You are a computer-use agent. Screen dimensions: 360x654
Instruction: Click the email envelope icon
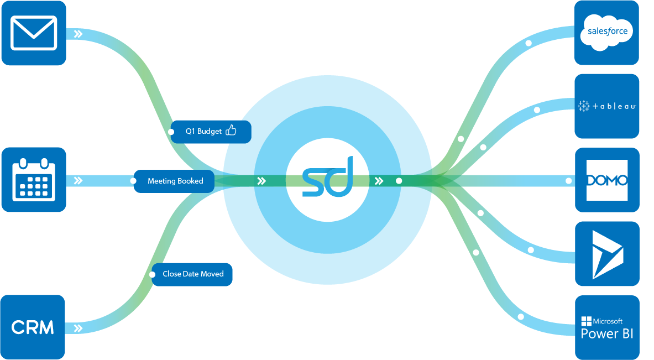34,33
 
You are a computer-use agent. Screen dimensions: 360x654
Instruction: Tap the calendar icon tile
34,180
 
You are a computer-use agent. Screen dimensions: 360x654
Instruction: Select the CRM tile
33,327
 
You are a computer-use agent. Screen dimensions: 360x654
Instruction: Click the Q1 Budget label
203,132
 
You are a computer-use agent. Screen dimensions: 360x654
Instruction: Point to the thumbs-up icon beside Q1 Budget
231,131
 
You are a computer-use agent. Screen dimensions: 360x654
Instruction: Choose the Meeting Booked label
175,181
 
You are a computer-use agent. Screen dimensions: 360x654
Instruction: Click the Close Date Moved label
193,274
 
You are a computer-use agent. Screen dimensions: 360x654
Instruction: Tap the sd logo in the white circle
327,177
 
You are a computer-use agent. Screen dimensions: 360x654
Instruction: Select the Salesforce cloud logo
606,32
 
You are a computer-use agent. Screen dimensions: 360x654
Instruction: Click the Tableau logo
607,106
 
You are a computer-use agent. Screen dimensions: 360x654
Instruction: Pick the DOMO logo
607,180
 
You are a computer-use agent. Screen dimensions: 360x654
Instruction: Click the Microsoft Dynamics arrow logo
607,254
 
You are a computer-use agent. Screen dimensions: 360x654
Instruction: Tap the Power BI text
607,334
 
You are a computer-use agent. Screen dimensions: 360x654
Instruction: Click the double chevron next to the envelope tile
79,34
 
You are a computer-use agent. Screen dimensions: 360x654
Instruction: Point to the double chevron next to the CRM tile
79,328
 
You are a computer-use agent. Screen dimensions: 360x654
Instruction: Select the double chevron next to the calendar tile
79,180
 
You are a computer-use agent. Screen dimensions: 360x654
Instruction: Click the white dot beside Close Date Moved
153,274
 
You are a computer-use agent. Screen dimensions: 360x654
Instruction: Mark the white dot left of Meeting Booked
133,181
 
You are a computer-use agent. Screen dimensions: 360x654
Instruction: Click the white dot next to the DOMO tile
568,181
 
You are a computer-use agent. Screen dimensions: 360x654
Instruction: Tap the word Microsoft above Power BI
608,321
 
